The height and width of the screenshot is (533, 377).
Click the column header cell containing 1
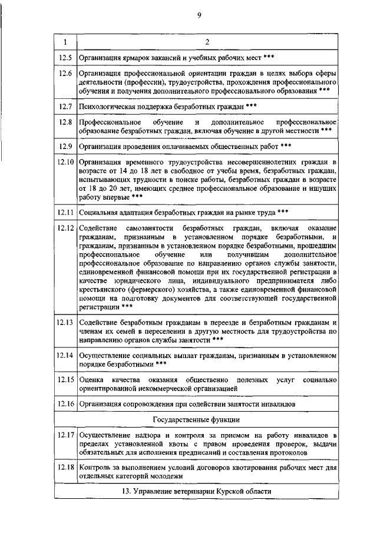(65, 42)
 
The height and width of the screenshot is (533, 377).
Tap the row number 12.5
(65, 58)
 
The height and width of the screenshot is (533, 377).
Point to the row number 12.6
(65, 74)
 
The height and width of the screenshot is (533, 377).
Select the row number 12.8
(65, 121)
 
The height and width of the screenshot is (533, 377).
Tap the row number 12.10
(65, 161)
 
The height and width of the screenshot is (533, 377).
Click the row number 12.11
(65, 211)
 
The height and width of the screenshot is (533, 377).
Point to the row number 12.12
(65, 227)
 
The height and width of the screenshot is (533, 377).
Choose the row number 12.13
(65, 323)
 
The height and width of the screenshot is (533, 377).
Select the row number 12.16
(65, 405)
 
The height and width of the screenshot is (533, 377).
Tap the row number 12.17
(65, 436)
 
